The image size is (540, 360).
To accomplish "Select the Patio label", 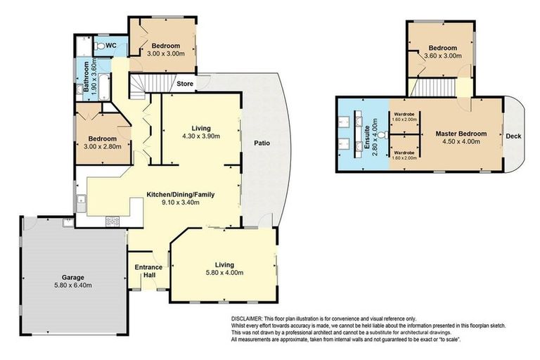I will tap(262, 143).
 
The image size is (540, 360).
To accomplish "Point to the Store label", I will tap(185, 84).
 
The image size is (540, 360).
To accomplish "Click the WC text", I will tap(112, 44).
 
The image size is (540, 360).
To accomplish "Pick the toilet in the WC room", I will tap(101, 45).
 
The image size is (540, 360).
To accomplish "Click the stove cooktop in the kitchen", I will tap(112, 221).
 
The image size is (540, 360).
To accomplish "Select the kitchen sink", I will tap(82, 204).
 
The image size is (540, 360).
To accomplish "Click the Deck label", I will tap(514, 136).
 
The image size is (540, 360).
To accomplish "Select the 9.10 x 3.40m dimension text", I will tap(180, 202).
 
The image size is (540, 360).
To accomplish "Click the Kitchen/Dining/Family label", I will tap(180, 194).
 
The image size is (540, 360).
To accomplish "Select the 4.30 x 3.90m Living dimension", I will tap(200, 136).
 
